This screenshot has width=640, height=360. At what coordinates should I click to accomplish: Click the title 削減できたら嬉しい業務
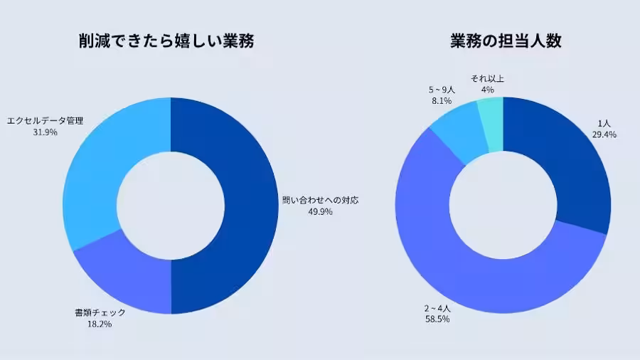click(166, 41)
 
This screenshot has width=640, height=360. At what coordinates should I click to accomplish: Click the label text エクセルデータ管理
click(45, 121)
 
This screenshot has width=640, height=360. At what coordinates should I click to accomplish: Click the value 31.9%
click(45, 132)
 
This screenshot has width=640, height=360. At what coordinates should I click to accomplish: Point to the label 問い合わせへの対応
click(321, 201)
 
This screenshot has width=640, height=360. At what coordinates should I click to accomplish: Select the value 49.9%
click(321, 212)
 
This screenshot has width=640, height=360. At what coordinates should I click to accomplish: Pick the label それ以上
click(487, 79)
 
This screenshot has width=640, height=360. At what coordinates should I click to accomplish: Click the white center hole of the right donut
click(503, 205)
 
